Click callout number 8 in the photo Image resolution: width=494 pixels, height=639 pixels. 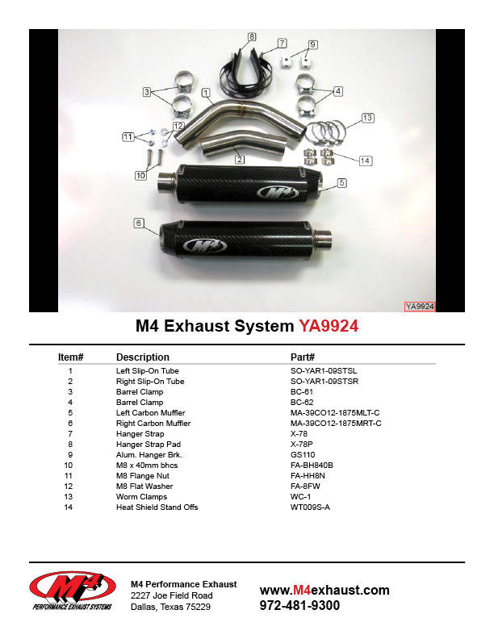coord(252,36)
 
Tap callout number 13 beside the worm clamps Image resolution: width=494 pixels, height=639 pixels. coord(367,118)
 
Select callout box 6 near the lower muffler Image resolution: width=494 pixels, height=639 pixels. coord(139,223)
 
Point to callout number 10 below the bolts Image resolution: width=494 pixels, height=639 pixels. coord(140,175)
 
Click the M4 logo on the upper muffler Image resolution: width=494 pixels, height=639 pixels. coord(278,192)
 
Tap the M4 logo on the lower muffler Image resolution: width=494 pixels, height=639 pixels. coord(205,245)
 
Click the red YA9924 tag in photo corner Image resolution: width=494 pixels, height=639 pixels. coord(420,307)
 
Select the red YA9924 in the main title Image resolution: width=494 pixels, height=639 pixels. coord(329,326)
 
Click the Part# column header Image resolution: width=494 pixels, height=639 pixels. coord(303,357)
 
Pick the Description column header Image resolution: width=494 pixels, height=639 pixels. coord(143,357)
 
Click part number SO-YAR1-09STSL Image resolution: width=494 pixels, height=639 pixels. coord(324,371)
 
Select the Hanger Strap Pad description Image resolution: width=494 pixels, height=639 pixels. coord(149,445)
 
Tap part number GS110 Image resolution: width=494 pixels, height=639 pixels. coord(303,455)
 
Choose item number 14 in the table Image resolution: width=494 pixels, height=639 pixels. coord(68,507)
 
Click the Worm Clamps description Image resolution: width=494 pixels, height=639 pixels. coord(141,497)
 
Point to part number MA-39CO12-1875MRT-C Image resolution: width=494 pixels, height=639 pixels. coord(336,424)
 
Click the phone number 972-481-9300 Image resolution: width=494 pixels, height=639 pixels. coord(299,606)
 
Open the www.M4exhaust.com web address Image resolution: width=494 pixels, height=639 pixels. coord(324,590)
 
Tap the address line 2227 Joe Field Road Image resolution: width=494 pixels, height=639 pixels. coord(172,595)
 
